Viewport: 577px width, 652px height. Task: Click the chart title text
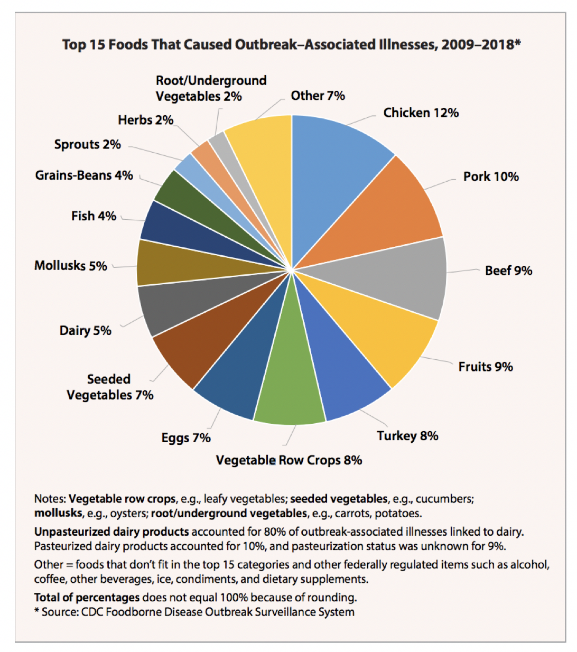pyautogui.click(x=291, y=44)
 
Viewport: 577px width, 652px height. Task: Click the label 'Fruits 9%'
pyautogui.click(x=486, y=367)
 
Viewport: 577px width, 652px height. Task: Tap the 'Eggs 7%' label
pyautogui.click(x=186, y=438)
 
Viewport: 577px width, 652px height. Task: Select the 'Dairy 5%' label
pyautogui.click(x=85, y=331)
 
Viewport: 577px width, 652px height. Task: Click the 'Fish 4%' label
pyautogui.click(x=94, y=216)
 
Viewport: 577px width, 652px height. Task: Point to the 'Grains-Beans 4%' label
pyautogui.click(x=84, y=175)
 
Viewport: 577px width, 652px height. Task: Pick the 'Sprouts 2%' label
pyautogui.click(x=87, y=145)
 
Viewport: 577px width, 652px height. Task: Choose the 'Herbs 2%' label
pyautogui.click(x=145, y=120)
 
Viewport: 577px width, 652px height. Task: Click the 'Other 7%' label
pyautogui.click(x=318, y=96)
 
